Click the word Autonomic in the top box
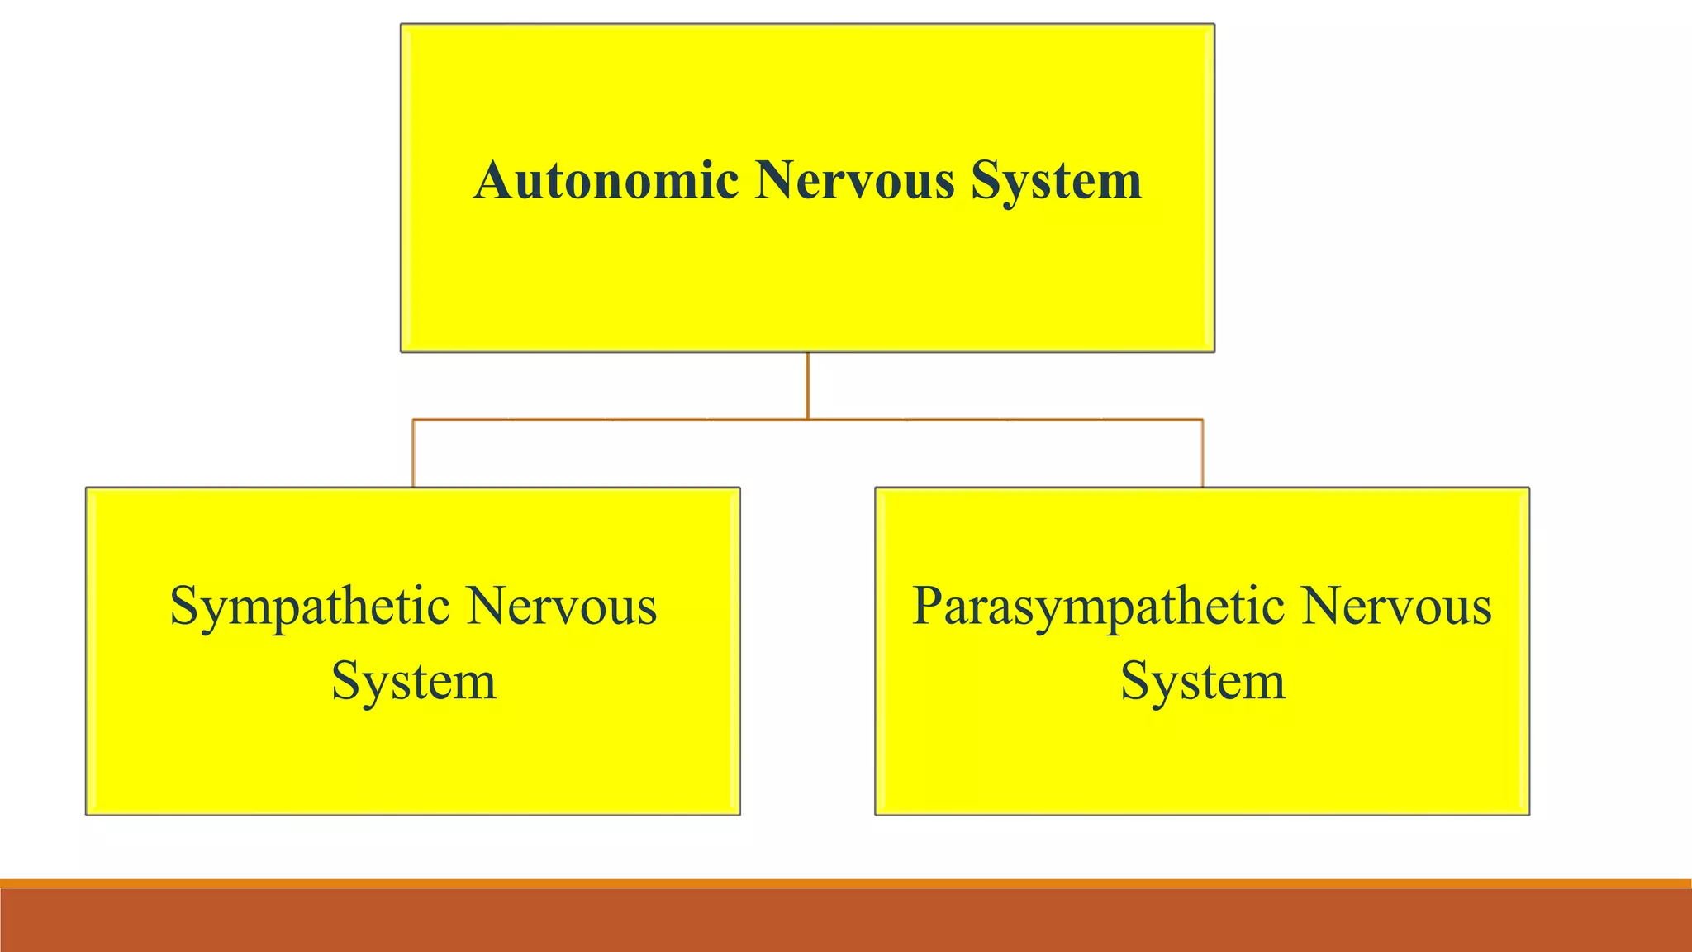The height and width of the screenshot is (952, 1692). pos(606,180)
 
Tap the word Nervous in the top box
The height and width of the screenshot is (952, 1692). pos(854,180)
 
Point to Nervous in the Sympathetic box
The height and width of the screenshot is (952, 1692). pos(562,607)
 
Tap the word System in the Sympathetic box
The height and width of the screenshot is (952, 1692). pos(413,683)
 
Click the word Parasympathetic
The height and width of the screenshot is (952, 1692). pos(1098,608)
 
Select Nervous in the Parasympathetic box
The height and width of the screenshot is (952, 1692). pos(1397,607)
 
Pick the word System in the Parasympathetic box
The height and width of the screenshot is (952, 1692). pos(1203,683)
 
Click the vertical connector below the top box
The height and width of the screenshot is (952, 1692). pos(807,386)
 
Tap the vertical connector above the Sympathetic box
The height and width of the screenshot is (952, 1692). pos(413,454)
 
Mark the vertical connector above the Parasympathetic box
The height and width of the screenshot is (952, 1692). pos(1202,454)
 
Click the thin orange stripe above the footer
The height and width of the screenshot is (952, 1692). pos(846,883)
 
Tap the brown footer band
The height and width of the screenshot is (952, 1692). pos(846,921)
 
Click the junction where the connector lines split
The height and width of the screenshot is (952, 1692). pos(807,420)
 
